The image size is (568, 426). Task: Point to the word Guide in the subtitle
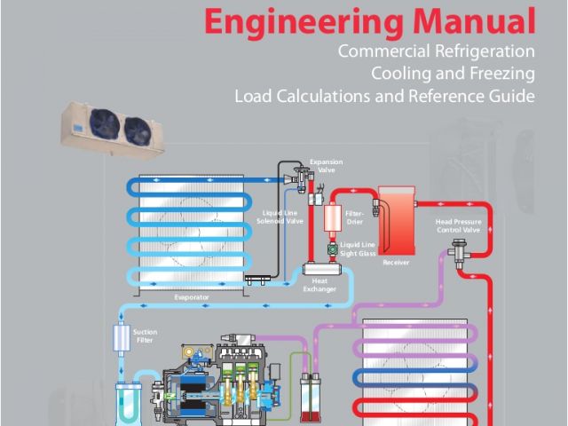(x=514, y=95)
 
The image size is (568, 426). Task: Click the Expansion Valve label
(x=319, y=166)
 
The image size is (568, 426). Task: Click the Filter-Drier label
(x=354, y=217)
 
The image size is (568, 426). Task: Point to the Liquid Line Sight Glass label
(x=359, y=248)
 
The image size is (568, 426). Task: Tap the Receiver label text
(x=396, y=264)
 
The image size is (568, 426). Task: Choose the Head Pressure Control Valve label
(x=458, y=225)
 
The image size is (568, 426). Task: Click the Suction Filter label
(x=145, y=335)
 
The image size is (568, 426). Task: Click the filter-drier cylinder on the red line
(x=334, y=219)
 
